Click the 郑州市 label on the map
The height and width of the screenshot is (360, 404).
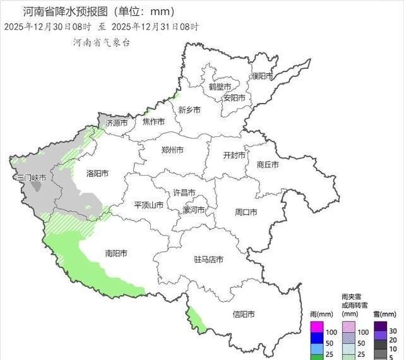172,150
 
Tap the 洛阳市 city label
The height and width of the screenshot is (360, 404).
97,173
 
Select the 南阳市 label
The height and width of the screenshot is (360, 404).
116,253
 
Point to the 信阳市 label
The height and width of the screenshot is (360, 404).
244,315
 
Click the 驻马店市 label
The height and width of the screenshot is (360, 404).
208,260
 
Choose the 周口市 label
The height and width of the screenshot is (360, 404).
245,212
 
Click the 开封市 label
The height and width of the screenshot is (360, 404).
235,155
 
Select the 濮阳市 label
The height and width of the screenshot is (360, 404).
261,76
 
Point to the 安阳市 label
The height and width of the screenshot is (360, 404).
234,98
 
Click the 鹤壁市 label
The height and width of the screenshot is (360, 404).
220,87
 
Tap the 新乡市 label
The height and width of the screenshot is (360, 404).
189,109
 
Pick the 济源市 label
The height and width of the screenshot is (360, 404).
117,123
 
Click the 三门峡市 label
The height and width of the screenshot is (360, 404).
32,178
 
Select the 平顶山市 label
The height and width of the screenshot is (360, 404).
149,205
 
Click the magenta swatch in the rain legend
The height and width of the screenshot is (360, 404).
315,327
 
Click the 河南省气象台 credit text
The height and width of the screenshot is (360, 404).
102,43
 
